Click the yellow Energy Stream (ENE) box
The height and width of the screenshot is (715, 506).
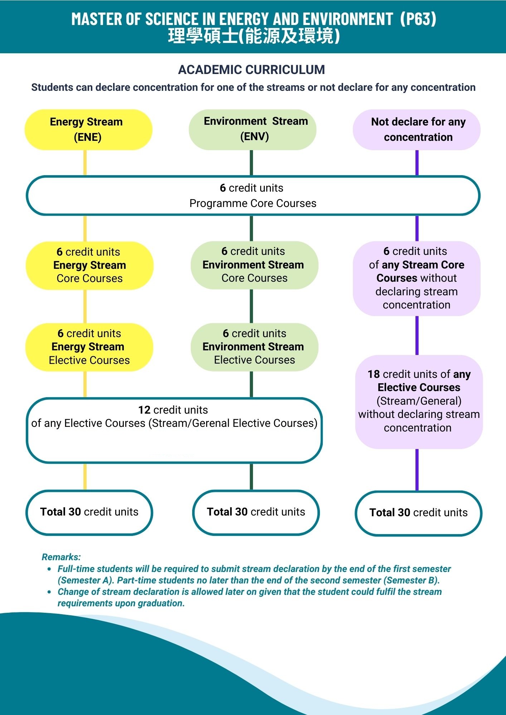point(88,129)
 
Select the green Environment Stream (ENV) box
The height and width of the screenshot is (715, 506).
point(252,129)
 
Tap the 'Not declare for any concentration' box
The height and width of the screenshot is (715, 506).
point(417,129)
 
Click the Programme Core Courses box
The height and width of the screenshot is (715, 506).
point(253,196)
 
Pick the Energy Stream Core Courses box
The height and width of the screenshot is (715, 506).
point(89,265)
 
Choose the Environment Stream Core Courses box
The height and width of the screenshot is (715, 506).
point(254,265)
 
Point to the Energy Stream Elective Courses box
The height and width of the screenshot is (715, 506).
point(89,347)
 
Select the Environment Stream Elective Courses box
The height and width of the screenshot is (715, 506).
point(254,347)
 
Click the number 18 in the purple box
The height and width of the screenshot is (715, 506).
point(373,374)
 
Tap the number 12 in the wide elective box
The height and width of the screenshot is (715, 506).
point(144,410)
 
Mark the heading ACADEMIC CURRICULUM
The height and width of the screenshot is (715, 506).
point(252,70)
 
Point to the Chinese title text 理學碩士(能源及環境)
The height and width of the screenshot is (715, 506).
point(253,36)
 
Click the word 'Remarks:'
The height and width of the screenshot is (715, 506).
point(61,557)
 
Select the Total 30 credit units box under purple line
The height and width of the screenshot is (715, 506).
point(418,513)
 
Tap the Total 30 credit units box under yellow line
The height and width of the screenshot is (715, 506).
point(89,512)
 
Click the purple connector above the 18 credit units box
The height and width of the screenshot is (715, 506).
point(417,335)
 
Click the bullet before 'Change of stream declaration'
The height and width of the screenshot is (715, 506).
point(50,592)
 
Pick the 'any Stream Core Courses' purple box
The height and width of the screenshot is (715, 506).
point(417,278)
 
